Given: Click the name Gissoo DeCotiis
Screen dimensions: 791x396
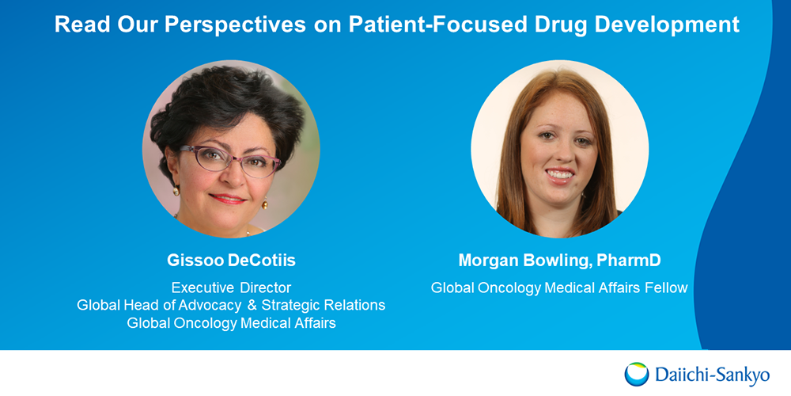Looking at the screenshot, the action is (x=231, y=261).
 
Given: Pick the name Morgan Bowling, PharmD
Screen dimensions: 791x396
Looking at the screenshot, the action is (x=559, y=261).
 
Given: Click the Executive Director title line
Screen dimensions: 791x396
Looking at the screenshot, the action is (x=231, y=288).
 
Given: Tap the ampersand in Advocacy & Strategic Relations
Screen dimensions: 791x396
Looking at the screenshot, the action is (x=251, y=306).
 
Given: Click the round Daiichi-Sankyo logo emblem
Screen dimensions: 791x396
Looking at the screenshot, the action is (x=637, y=374).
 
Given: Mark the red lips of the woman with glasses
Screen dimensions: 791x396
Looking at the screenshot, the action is (x=227, y=198).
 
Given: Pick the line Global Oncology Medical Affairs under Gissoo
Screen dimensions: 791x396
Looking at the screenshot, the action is (x=231, y=323).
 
